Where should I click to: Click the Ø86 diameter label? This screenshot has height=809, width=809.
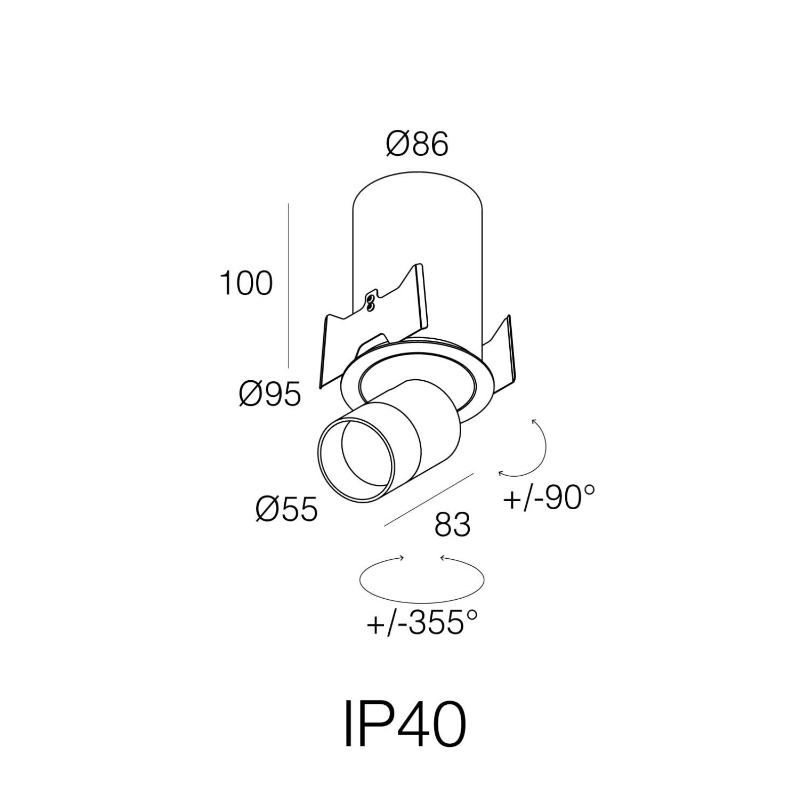pos(417,144)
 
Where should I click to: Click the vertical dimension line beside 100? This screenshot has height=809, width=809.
pos(288,286)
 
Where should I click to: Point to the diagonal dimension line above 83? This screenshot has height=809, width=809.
pos(429,500)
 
